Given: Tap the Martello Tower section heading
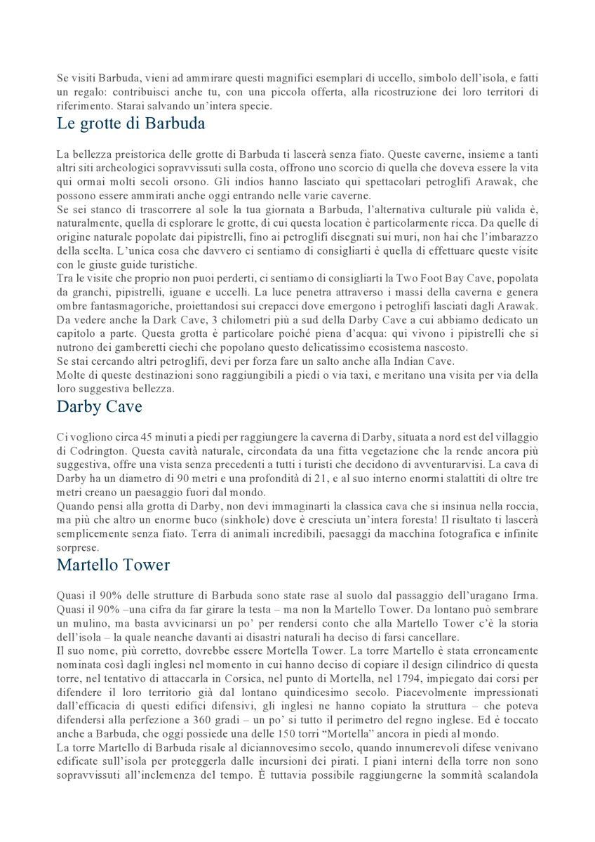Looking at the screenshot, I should coord(114,564).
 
